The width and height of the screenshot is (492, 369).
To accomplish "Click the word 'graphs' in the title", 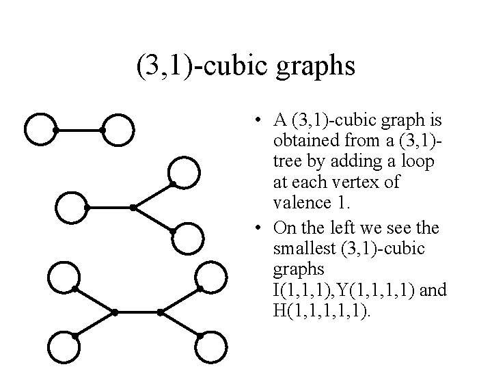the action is coord(316,68).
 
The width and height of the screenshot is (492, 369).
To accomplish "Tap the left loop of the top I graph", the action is coord(39,128).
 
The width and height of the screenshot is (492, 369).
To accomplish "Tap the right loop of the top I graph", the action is coord(118,128).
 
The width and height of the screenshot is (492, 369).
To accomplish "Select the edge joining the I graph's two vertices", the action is coord(79,129).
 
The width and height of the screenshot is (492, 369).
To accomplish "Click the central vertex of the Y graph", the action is coord(133,207).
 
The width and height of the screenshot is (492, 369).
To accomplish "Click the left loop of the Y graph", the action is coord(71,207).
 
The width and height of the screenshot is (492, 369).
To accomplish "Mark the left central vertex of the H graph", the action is coord(115,312).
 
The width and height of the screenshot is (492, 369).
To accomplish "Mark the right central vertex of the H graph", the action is coord(159,312).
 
